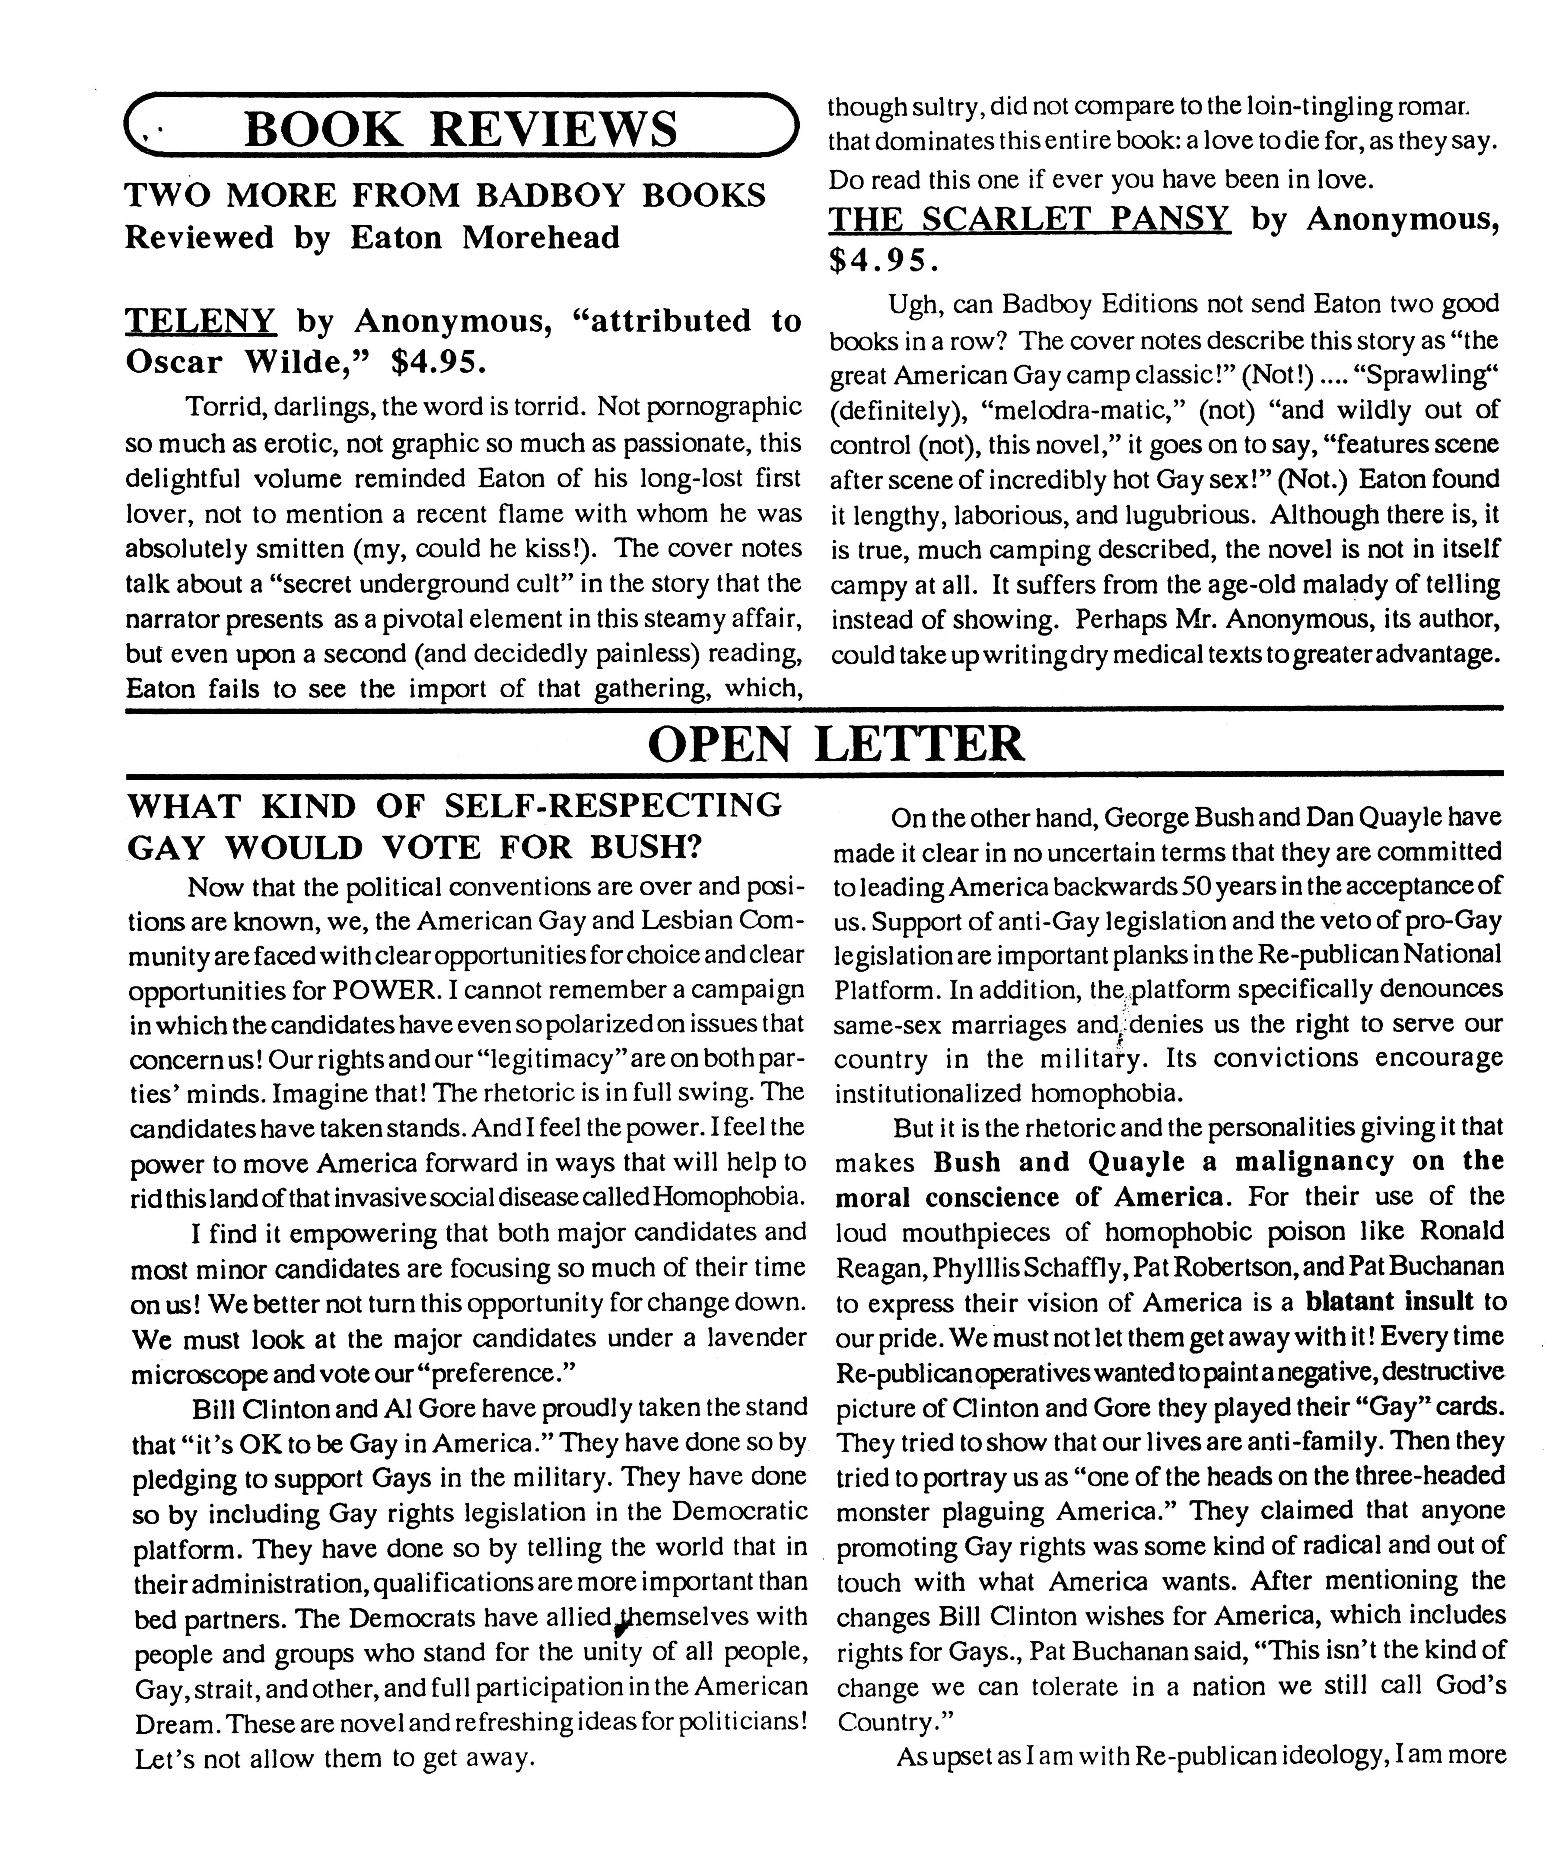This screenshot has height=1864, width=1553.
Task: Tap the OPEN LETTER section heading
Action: click(836, 743)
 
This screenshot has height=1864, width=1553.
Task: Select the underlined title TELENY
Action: click(200, 320)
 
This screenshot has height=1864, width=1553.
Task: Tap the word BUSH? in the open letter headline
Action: click(645, 848)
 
